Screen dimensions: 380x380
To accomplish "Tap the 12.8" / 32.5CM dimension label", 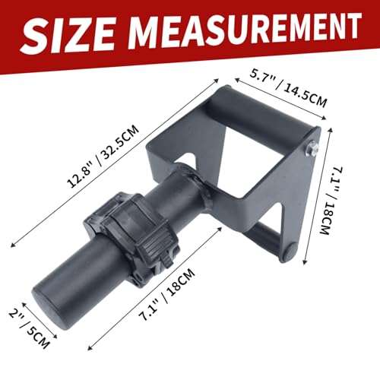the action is point(103,157).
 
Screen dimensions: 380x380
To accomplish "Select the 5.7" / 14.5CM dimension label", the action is point(288,88).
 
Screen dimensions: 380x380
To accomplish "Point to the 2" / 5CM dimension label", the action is point(29,329).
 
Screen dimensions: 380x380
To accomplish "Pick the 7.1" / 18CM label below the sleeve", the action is point(167,295).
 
